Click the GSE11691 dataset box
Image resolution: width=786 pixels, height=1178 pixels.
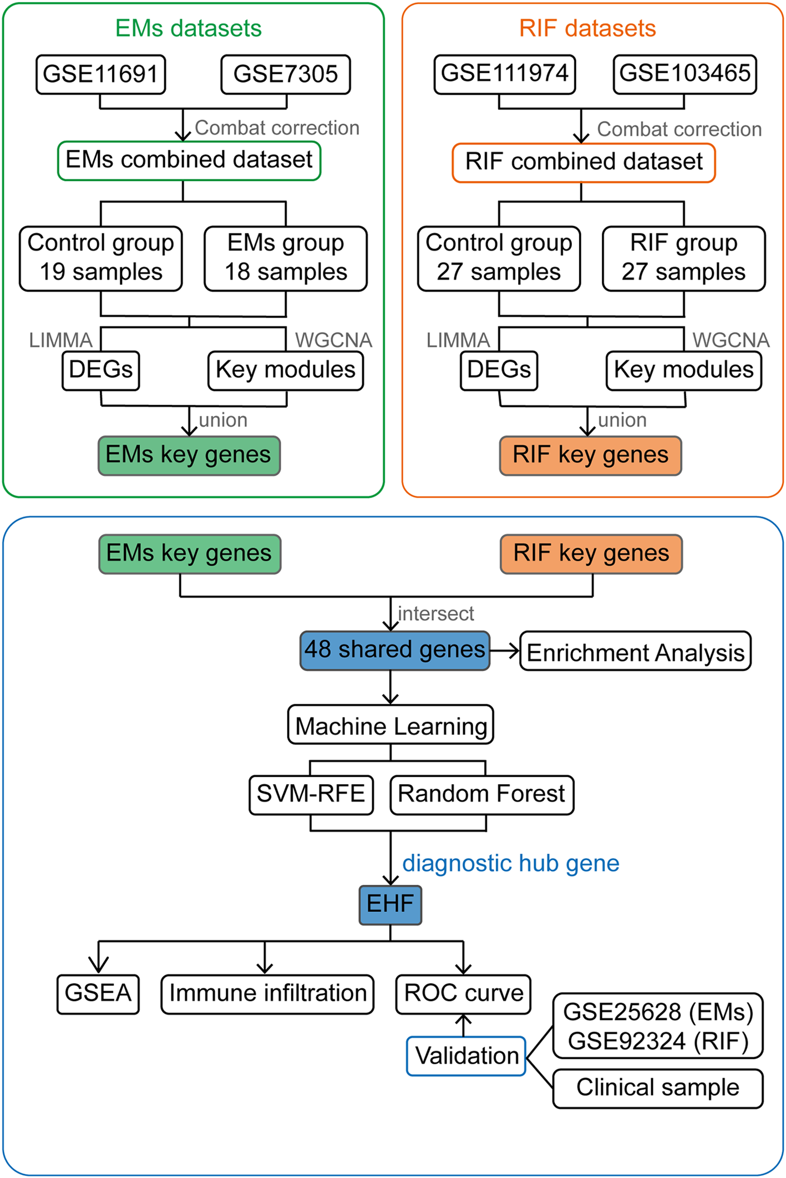tap(100, 74)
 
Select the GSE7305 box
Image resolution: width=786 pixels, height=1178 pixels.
tap(285, 74)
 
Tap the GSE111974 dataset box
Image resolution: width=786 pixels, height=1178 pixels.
tap(504, 74)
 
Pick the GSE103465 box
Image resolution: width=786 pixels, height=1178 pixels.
tap(684, 74)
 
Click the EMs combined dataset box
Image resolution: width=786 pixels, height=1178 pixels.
tap(189, 160)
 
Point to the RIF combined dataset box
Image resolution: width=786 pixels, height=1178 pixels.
tap(584, 163)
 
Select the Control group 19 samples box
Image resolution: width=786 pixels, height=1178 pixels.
tap(100, 258)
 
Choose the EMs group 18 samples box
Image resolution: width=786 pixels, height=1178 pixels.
tap(285, 258)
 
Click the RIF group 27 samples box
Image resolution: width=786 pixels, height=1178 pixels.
tap(683, 258)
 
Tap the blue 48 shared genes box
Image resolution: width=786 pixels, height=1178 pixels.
tap(394, 650)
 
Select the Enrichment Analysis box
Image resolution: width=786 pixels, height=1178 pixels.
tap(635, 651)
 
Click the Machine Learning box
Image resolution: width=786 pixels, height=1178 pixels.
tap(391, 724)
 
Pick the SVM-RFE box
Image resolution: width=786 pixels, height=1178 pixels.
tap(311, 794)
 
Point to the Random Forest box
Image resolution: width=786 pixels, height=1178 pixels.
tap(481, 794)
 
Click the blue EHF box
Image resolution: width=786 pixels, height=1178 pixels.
tap(390, 905)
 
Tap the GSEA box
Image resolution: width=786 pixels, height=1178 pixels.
tap(98, 994)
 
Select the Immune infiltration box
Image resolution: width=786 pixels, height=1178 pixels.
tap(267, 994)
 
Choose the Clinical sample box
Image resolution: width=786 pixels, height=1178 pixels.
tap(657, 1088)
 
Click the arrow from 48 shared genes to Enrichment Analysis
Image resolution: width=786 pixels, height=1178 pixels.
tap(504, 651)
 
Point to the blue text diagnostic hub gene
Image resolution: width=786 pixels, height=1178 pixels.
tap(510, 863)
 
